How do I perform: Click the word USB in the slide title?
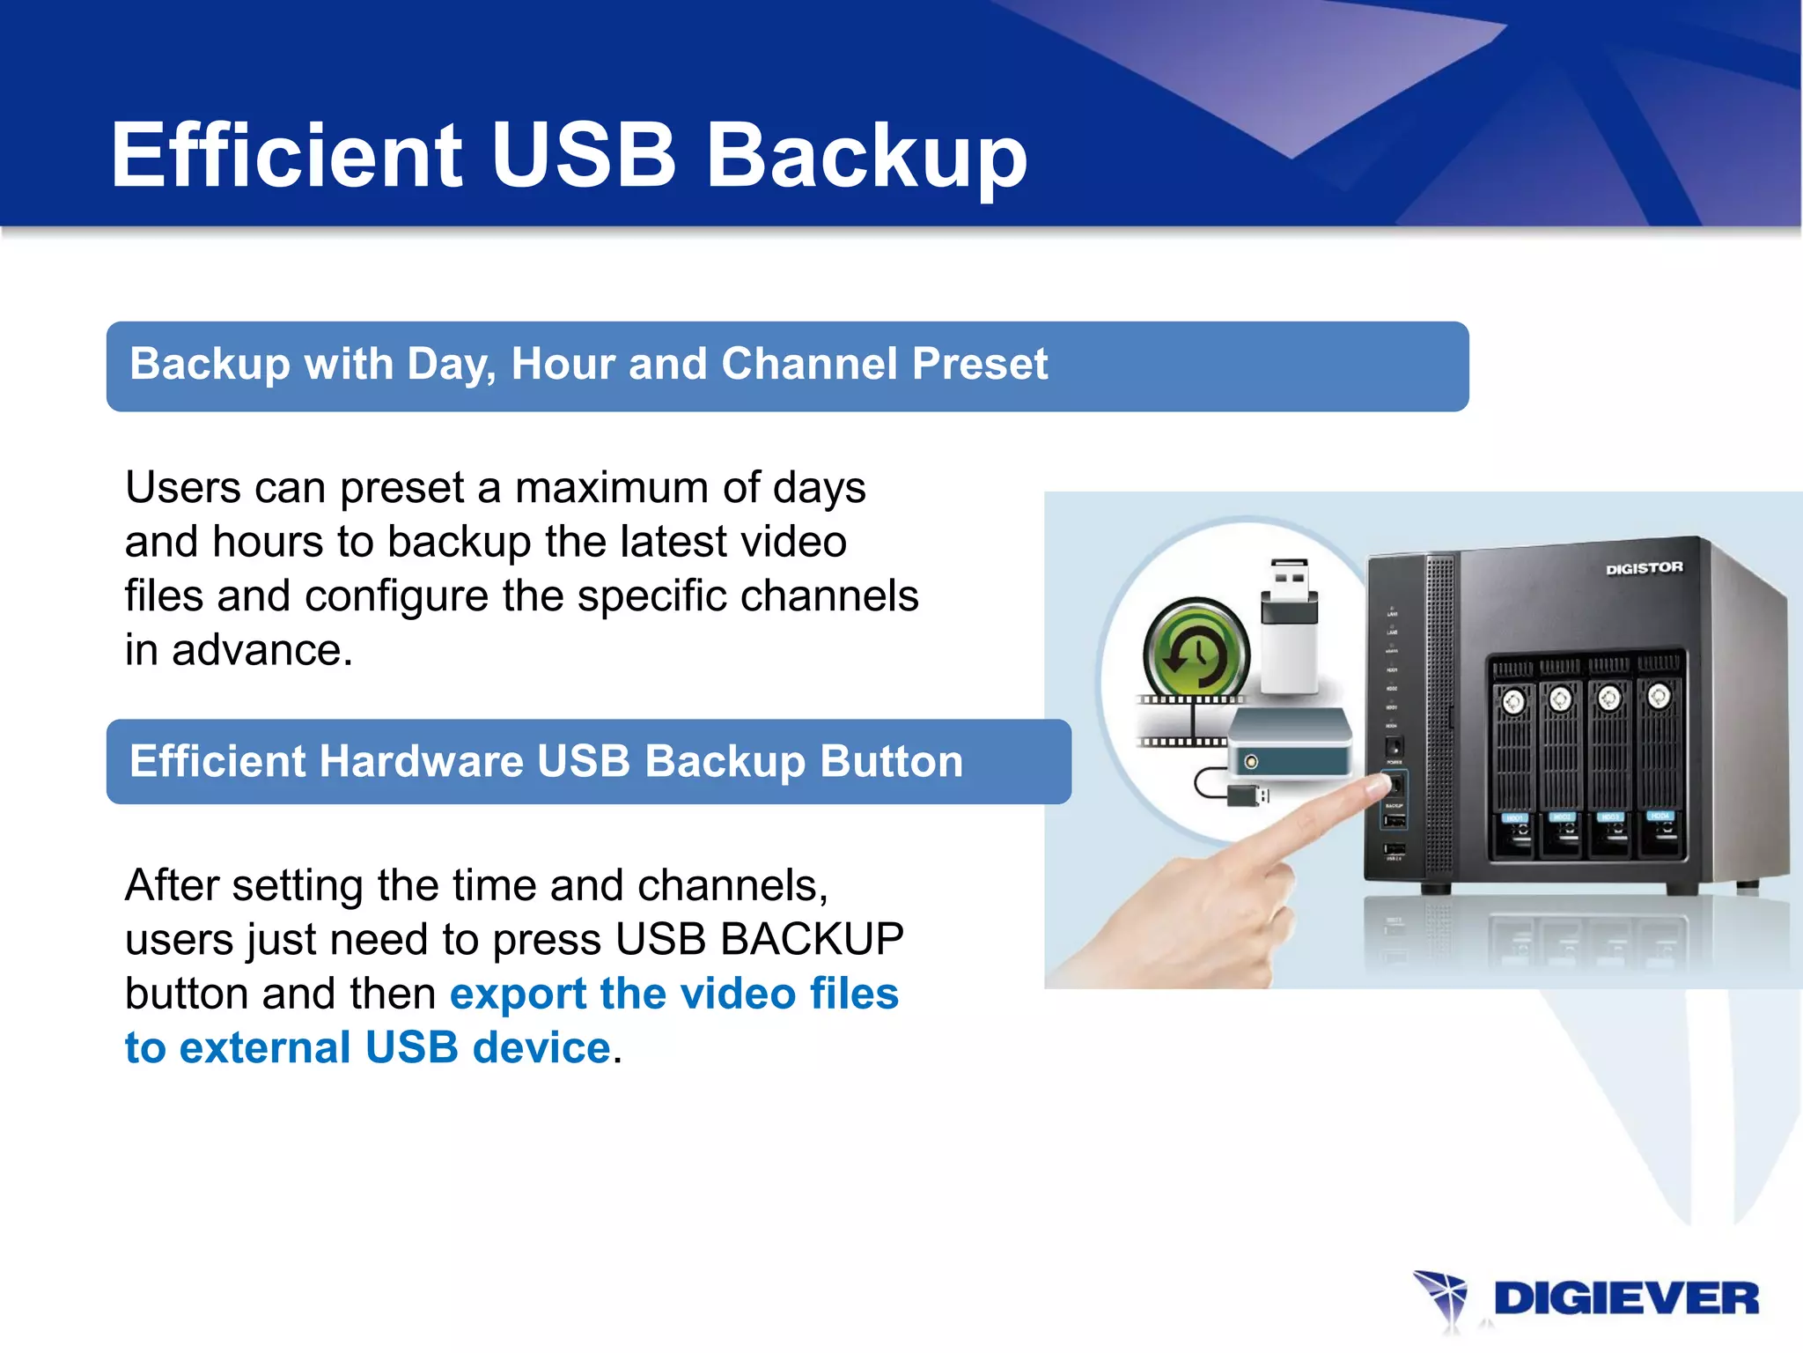coord(584,155)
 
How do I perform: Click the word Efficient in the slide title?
coord(286,155)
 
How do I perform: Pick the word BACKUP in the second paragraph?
coord(812,939)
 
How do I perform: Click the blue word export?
coord(518,994)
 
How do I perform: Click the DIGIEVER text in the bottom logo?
coord(1626,1299)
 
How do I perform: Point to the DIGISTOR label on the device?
coord(1644,568)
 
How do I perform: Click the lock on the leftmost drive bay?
coord(1513,701)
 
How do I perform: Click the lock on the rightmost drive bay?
coord(1659,696)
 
